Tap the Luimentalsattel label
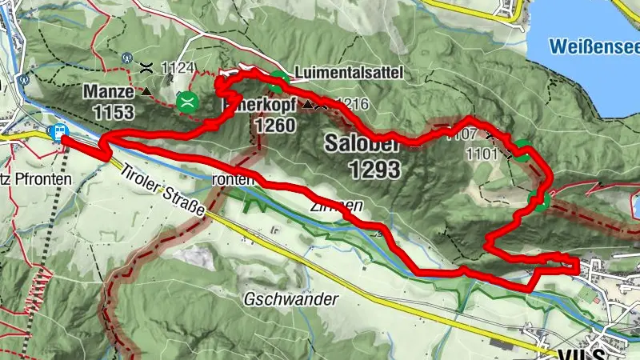pyautogui.click(x=349, y=73)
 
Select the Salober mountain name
pyautogui.click(x=362, y=143)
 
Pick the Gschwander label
pyautogui.click(x=289, y=299)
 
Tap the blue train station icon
pyautogui.click(x=59, y=132)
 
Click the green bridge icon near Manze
pyautogui.click(x=188, y=101)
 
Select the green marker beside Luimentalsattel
pyautogui.click(x=278, y=78)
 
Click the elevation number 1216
pyautogui.click(x=353, y=104)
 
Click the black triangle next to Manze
pyautogui.click(x=146, y=92)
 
